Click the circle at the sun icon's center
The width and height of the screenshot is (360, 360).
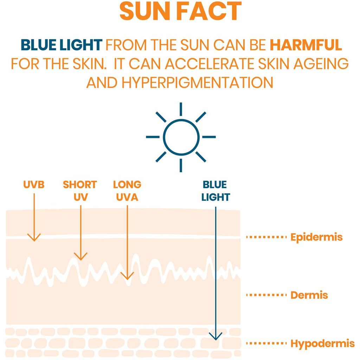[181, 136]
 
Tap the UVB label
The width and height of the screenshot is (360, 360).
[34, 185]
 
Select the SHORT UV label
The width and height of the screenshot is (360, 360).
[80, 191]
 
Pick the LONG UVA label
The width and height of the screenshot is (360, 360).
[127, 191]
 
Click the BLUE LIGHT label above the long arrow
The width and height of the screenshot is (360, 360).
[216, 191]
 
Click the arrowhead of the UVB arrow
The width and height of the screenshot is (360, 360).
[34, 238]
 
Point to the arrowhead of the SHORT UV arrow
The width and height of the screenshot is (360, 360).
[81, 257]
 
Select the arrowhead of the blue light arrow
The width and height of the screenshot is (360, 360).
[216, 336]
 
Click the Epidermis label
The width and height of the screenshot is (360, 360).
[316, 237]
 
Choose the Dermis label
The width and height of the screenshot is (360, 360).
[309, 295]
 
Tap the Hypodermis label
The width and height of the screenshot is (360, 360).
[322, 343]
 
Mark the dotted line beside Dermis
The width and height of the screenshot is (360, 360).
[266, 295]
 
